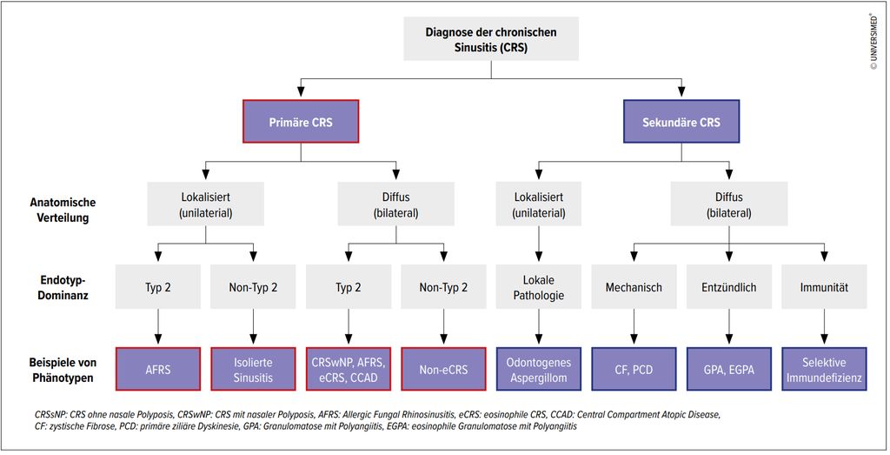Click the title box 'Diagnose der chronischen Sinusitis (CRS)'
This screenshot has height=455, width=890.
coord(491,39)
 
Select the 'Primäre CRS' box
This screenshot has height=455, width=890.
coord(301,122)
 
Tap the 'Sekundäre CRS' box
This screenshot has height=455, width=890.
coord(681,122)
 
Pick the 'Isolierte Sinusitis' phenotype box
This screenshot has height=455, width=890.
coord(253,369)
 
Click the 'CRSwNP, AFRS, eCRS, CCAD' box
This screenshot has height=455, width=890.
coord(349,369)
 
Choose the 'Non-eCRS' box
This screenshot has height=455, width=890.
coord(443,369)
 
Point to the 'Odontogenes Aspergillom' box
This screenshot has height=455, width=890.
coord(539,369)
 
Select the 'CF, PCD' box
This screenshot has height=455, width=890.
coord(634,369)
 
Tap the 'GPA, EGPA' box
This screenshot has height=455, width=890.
coord(729,369)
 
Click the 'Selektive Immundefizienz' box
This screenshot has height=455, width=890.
coord(824,369)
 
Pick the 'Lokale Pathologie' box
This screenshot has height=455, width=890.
coord(539,287)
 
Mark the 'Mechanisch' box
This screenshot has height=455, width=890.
coord(634,287)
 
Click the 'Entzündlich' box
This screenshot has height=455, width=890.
coord(729,287)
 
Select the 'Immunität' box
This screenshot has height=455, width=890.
coord(824,287)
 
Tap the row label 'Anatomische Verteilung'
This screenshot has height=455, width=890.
coord(63,210)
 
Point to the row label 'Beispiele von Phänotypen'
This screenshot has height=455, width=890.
coord(63,370)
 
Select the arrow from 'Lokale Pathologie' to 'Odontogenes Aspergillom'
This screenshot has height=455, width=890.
coord(539,328)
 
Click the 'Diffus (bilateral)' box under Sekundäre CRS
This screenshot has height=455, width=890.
coord(729,204)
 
